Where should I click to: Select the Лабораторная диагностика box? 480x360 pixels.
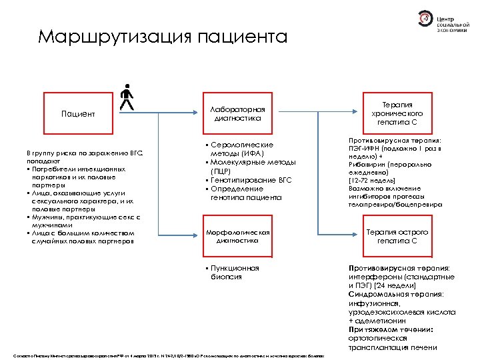click(x=237, y=114)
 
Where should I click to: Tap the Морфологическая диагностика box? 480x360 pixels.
click(x=237, y=237)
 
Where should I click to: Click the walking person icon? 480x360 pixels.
click(x=127, y=97)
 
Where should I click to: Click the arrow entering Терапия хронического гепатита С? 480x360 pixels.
click(x=347, y=114)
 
